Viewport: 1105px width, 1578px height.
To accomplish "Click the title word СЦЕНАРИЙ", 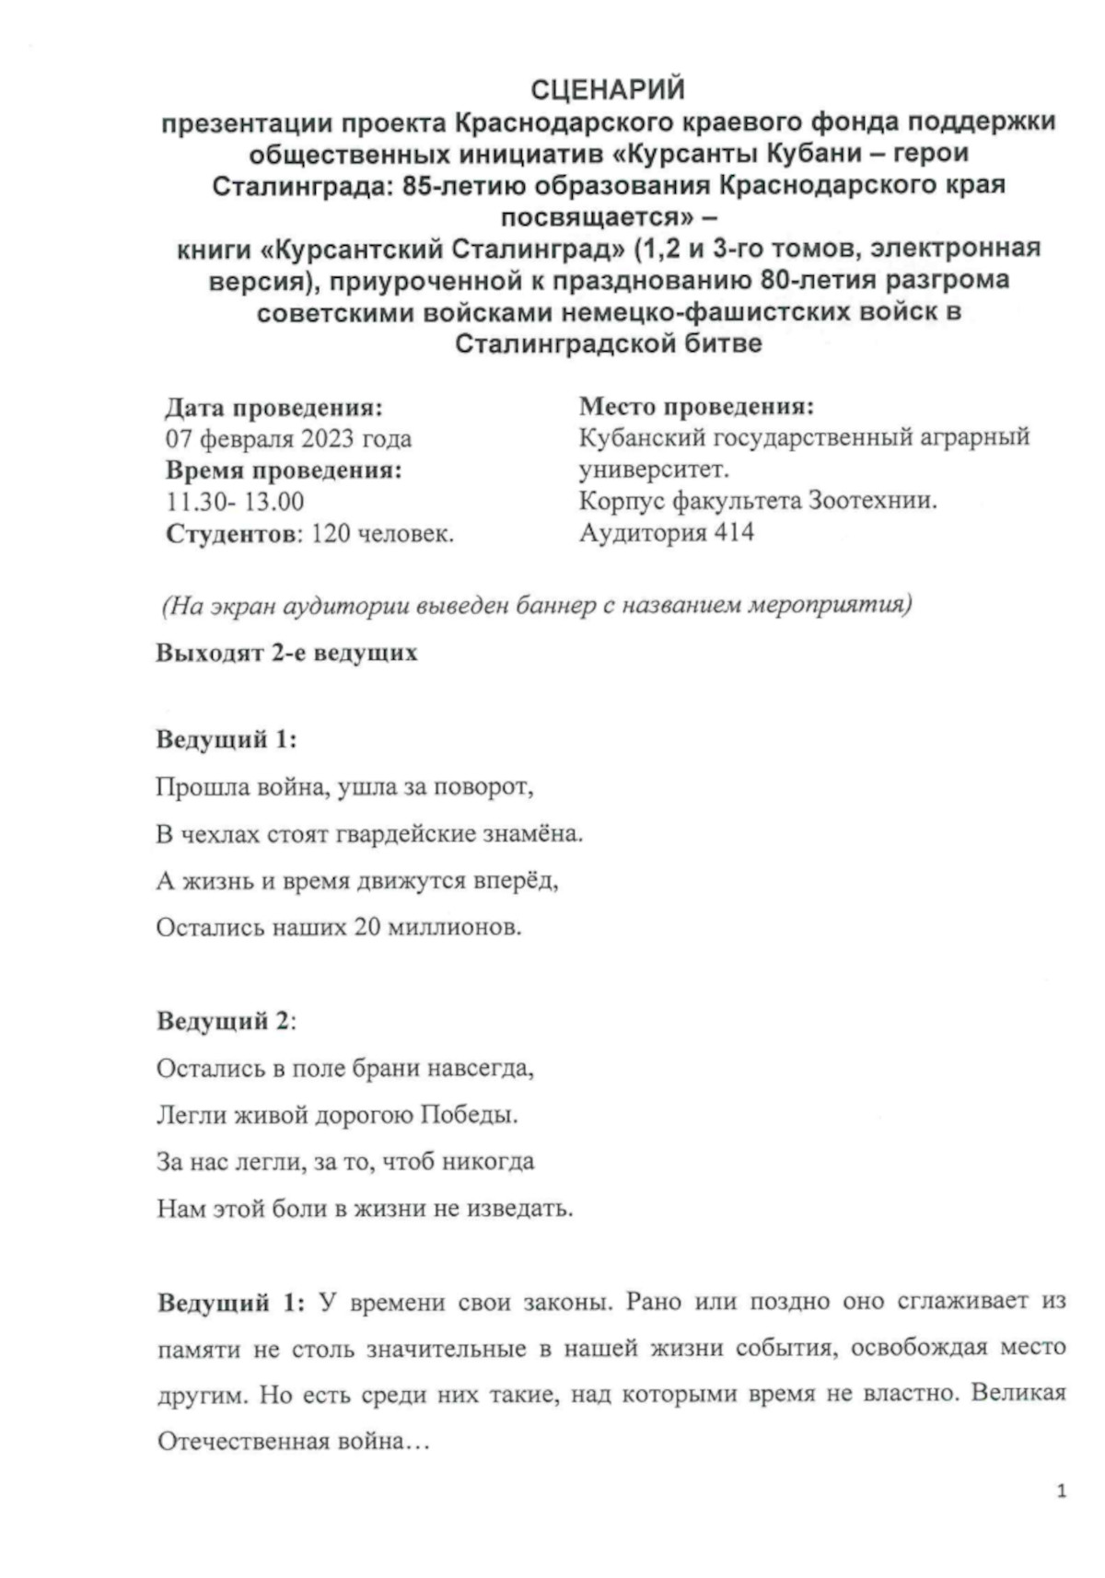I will click(608, 89).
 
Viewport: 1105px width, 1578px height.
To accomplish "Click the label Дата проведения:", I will click(274, 407).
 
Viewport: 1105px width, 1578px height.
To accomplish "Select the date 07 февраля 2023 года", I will click(288, 438).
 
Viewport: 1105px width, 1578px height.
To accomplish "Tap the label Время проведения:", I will click(284, 470).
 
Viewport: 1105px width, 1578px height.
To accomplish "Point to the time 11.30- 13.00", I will click(235, 502).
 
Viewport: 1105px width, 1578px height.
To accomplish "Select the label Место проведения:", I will click(696, 406).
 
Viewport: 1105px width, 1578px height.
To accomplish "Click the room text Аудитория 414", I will click(666, 532).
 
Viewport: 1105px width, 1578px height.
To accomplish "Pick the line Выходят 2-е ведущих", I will click(286, 653).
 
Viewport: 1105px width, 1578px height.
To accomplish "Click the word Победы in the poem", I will click(469, 1115).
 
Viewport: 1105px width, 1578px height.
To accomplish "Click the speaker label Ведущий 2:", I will click(227, 1021).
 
